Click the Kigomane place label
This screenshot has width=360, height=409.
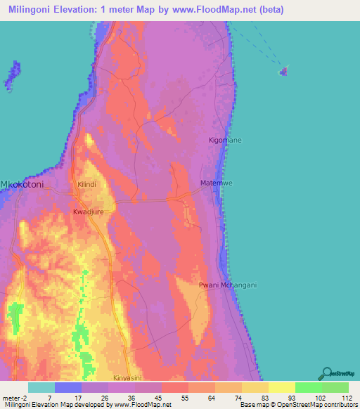[x=225, y=141]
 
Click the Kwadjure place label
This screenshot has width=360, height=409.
[x=88, y=210]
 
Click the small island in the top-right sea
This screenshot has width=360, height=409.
[x=284, y=70]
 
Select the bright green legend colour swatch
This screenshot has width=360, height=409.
[x=308, y=387]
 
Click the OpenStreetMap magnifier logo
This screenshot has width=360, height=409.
[x=326, y=372]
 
